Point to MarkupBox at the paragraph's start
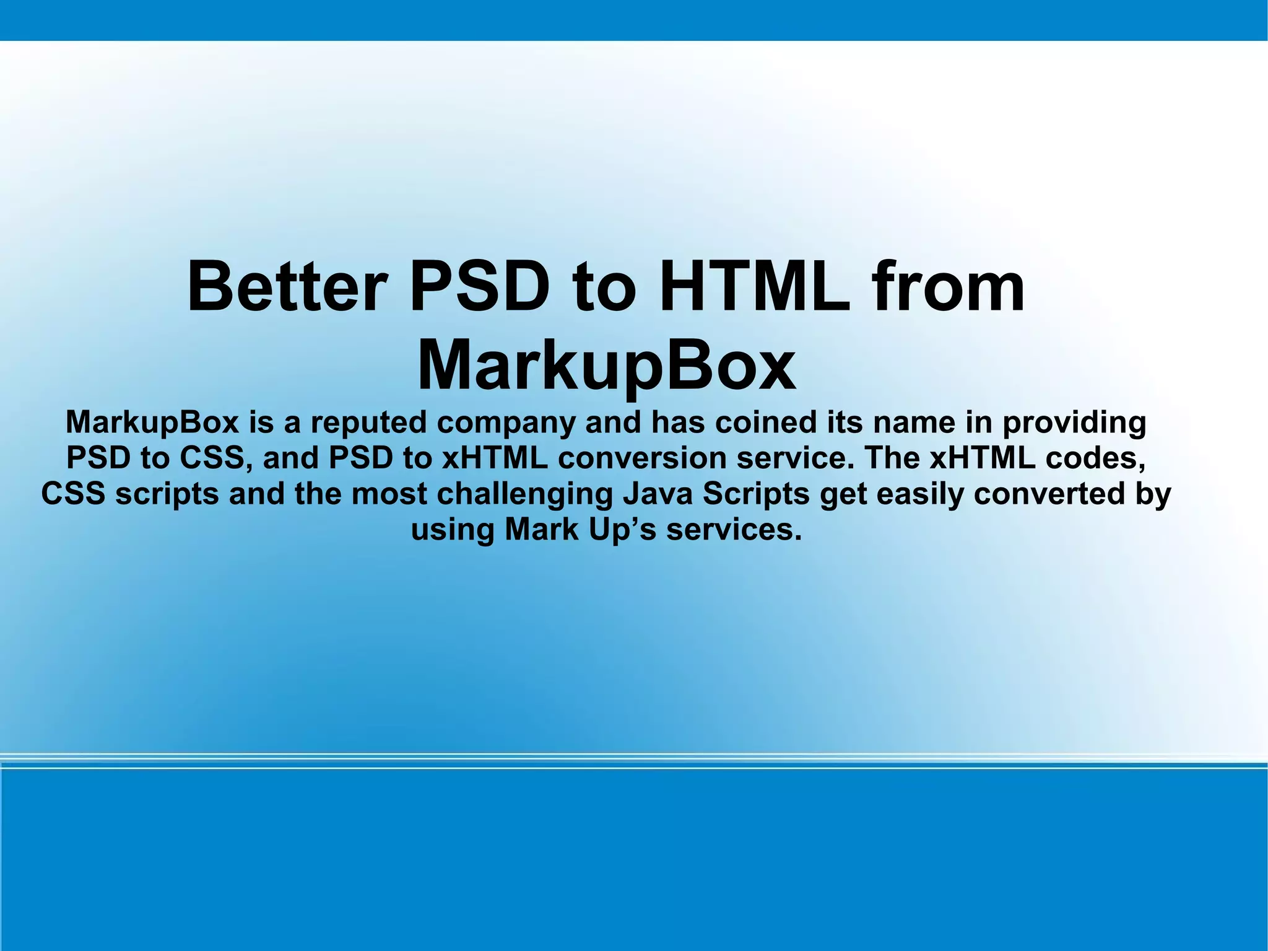[152, 423]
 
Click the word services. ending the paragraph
[734, 530]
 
